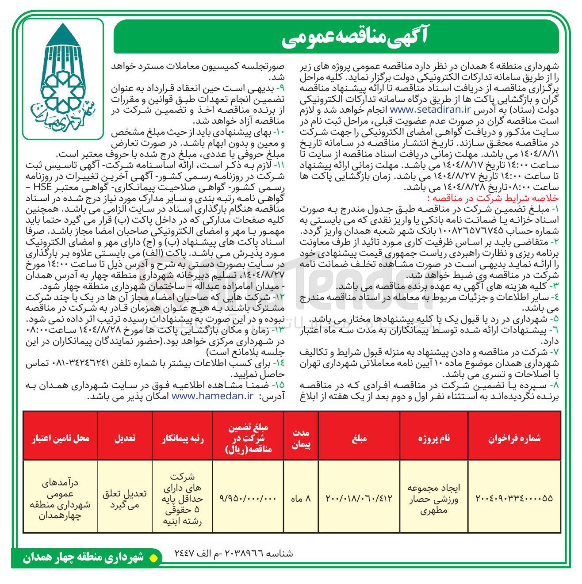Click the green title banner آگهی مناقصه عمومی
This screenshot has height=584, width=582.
336,38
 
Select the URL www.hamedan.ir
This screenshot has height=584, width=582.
212,396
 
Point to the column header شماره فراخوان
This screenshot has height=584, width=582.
514,438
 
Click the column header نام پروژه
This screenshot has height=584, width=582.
434,438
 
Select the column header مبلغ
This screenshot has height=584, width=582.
359,438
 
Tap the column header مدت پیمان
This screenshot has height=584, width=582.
301,438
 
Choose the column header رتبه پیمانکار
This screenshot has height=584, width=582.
182,438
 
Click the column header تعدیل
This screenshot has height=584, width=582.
125,438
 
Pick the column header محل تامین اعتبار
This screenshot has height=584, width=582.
61,438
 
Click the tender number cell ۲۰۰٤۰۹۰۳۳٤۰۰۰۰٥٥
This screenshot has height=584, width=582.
514,498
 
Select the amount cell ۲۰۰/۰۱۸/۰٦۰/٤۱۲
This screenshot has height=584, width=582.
359,498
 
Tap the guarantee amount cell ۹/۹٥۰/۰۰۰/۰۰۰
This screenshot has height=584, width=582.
248,498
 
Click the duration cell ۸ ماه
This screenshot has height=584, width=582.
301,498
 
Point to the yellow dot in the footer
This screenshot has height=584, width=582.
153,558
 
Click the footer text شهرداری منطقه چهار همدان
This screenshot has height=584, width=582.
84,558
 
